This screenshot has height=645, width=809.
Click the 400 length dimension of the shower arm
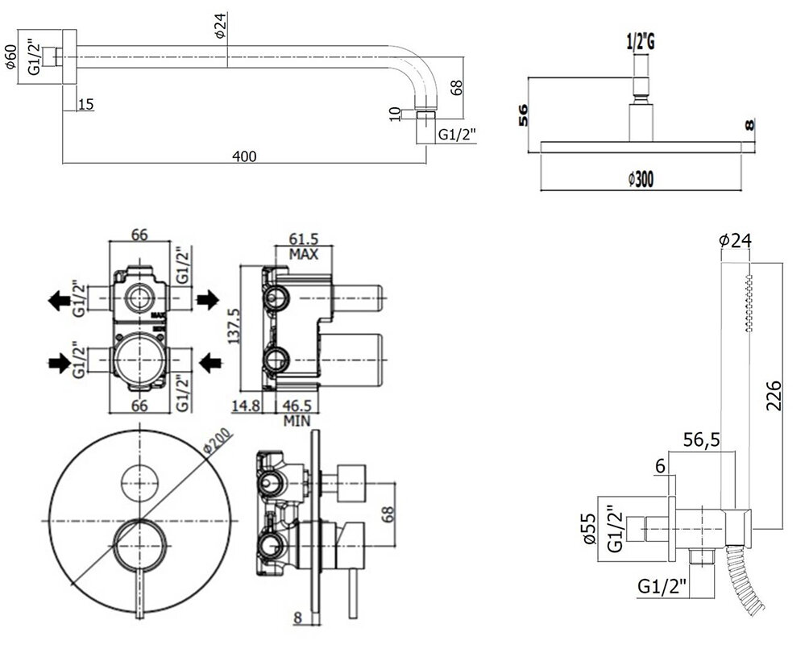(247, 156)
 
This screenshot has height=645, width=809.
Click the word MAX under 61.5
(303, 254)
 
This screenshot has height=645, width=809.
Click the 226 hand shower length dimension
(774, 396)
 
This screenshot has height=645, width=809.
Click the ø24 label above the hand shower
(734, 239)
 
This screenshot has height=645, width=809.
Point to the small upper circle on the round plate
(139, 483)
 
